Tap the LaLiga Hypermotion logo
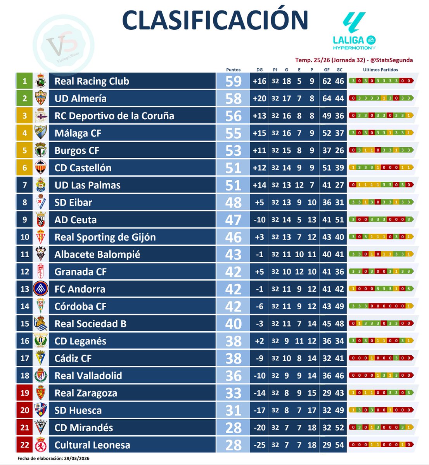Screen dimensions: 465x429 [x=354, y=31]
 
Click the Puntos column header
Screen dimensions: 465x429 [x=233, y=70]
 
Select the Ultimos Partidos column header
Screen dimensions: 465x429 [x=380, y=70]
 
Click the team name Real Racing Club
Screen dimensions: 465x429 [x=92, y=81]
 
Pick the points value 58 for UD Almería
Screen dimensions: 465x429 [x=233, y=99]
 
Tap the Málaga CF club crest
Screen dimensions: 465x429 [x=41, y=133]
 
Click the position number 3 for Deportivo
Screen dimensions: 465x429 [x=25, y=116]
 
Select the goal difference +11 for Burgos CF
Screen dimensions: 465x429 [x=259, y=151]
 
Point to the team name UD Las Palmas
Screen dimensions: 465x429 [x=87, y=185]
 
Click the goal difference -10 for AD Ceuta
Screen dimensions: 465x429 [x=259, y=220]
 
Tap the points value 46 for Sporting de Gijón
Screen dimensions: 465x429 [x=233, y=237]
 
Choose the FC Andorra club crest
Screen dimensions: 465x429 [x=41, y=289]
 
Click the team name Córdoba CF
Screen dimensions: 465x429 [x=80, y=307]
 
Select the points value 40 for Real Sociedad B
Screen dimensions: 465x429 [x=233, y=324]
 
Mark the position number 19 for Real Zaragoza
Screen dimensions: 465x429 [x=25, y=393]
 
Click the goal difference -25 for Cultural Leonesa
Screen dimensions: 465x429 [x=259, y=445]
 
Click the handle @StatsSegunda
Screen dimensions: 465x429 [x=391, y=60]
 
